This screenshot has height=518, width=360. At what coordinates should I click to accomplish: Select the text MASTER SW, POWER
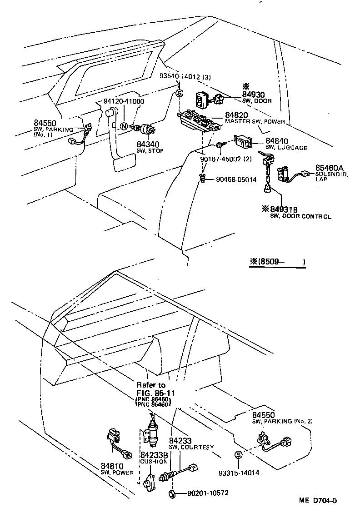point(255,122)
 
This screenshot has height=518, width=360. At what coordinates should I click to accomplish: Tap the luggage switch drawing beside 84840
point(244,142)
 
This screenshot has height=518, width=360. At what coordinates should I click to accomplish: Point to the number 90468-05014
point(237,179)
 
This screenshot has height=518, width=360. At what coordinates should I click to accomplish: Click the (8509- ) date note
point(277,262)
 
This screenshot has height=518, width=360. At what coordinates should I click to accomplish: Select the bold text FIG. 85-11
point(156,393)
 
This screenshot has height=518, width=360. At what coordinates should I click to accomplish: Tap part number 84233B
point(154,455)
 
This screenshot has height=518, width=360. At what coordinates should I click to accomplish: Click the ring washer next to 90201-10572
point(172,493)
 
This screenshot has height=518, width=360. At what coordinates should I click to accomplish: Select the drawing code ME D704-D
point(318,501)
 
